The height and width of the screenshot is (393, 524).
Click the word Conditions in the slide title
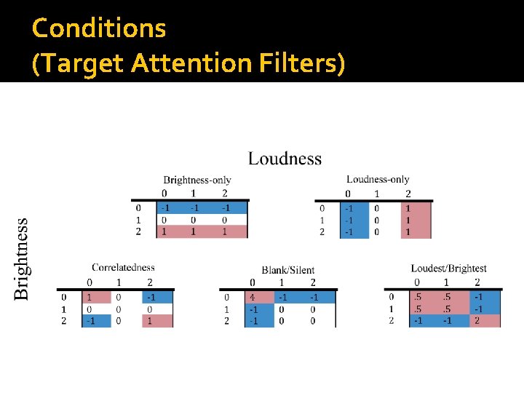[99, 28]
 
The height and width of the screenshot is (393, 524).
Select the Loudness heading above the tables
[285, 159]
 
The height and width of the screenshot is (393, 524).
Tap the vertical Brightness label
[22, 258]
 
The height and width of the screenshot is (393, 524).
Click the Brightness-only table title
[197, 180]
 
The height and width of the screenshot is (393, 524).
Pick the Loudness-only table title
[378, 179]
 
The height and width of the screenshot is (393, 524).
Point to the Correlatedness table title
[123, 268]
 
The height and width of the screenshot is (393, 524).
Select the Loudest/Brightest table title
[448, 269]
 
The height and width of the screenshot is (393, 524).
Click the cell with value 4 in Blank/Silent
[252, 297]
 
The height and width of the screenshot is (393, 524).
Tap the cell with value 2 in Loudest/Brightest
[477, 321]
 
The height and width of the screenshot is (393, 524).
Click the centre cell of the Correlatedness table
[119, 309]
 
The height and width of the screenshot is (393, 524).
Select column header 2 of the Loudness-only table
[408, 194]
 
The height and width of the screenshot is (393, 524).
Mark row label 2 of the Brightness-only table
[139, 231]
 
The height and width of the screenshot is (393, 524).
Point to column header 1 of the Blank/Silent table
[282, 282]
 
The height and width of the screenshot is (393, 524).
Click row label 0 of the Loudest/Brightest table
[392, 297]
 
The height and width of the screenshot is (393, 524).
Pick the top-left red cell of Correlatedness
[90, 297]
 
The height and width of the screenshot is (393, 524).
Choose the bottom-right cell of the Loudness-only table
[408, 232]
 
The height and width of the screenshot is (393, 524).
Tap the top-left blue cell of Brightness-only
[164, 207]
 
